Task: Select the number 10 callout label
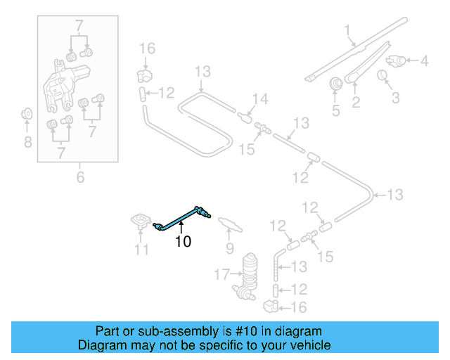(x=183, y=242)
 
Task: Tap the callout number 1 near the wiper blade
(x=347, y=30)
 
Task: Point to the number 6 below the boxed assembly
(x=80, y=177)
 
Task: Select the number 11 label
(x=141, y=250)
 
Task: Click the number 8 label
(x=27, y=143)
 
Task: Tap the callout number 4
(x=424, y=61)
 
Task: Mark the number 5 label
(x=335, y=110)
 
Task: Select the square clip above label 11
(x=141, y=221)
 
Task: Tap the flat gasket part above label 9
(x=229, y=224)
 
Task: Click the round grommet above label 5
(x=335, y=83)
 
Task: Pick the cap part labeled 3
(x=384, y=75)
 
